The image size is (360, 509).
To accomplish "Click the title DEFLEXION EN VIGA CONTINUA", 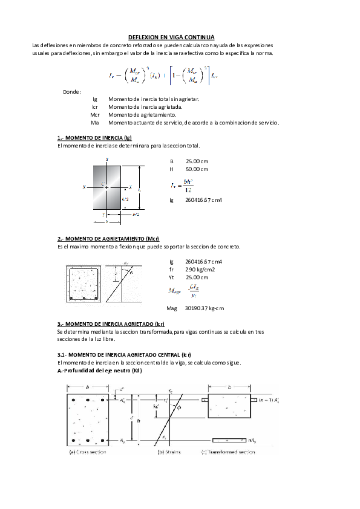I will (171, 37).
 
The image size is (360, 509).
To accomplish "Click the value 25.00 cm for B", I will (197, 161).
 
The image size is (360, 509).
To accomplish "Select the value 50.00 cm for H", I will (197, 169).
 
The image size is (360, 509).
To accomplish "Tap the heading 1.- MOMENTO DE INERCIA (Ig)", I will (94, 138).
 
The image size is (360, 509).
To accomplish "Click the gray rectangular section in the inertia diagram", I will (107, 187).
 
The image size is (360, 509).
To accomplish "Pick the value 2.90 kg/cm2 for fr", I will (200, 269).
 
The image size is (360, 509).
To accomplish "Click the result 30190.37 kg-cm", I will (204, 308).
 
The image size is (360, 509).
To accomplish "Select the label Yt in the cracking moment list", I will (172, 277).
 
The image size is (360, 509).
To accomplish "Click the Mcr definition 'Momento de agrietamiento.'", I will (142, 114).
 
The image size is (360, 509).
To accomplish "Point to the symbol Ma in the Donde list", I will (94, 122).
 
